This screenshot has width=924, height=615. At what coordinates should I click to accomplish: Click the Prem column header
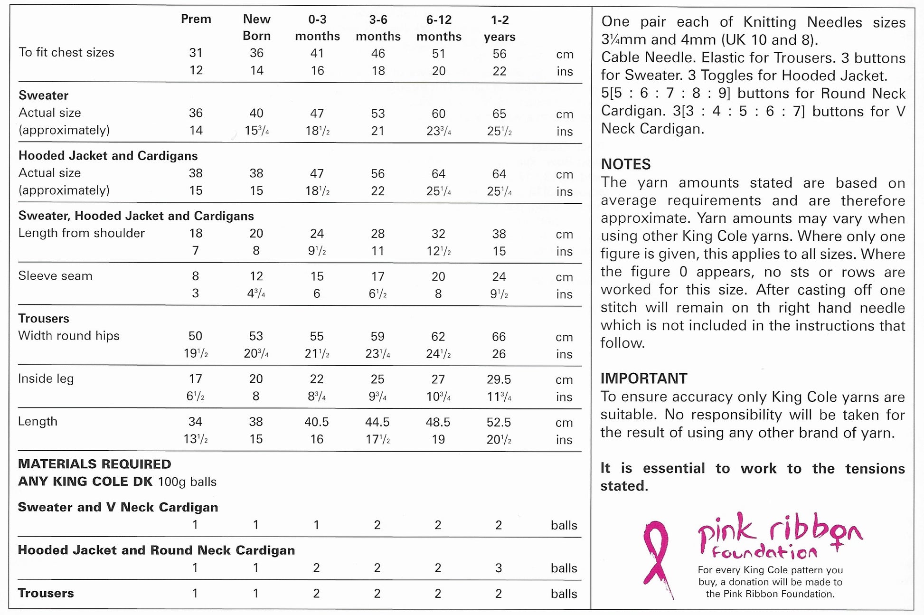click(x=196, y=19)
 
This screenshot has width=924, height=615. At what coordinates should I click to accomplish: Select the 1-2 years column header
click(x=499, y=28)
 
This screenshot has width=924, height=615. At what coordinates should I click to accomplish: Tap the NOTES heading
click(x=625, y=164)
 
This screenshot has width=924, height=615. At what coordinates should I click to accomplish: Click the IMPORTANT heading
click(x=643, y=378)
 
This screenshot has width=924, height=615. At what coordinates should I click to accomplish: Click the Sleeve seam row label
click(x=55, y=276)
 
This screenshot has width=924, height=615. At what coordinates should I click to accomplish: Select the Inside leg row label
click(x=46, y=378)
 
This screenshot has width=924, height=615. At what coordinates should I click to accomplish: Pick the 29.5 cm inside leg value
click(x=499, y=379)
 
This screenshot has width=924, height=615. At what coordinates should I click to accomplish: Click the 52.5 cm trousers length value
click(x=499, y=422)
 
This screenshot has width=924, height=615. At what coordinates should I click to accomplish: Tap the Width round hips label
click(x=68, y=336)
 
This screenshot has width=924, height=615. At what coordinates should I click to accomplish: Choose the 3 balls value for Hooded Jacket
click(x=499, y=568)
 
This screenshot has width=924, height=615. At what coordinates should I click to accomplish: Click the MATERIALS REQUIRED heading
click(x=94, y=464)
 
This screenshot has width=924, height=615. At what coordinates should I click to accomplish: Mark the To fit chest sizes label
click(x=66, y=52)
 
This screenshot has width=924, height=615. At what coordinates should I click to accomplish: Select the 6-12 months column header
click(x=438, y=28)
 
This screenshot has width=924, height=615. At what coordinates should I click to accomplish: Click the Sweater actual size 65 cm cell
click(x=499, y=114)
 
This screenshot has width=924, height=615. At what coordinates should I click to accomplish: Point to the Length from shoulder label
click(x=81, y=233)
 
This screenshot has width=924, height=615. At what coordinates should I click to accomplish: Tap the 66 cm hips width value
click(x=499, y=337)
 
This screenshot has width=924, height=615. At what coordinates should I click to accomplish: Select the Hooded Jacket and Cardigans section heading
click(x=108, y=156)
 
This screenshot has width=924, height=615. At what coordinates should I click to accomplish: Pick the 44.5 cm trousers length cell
click(x=377, y=422)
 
